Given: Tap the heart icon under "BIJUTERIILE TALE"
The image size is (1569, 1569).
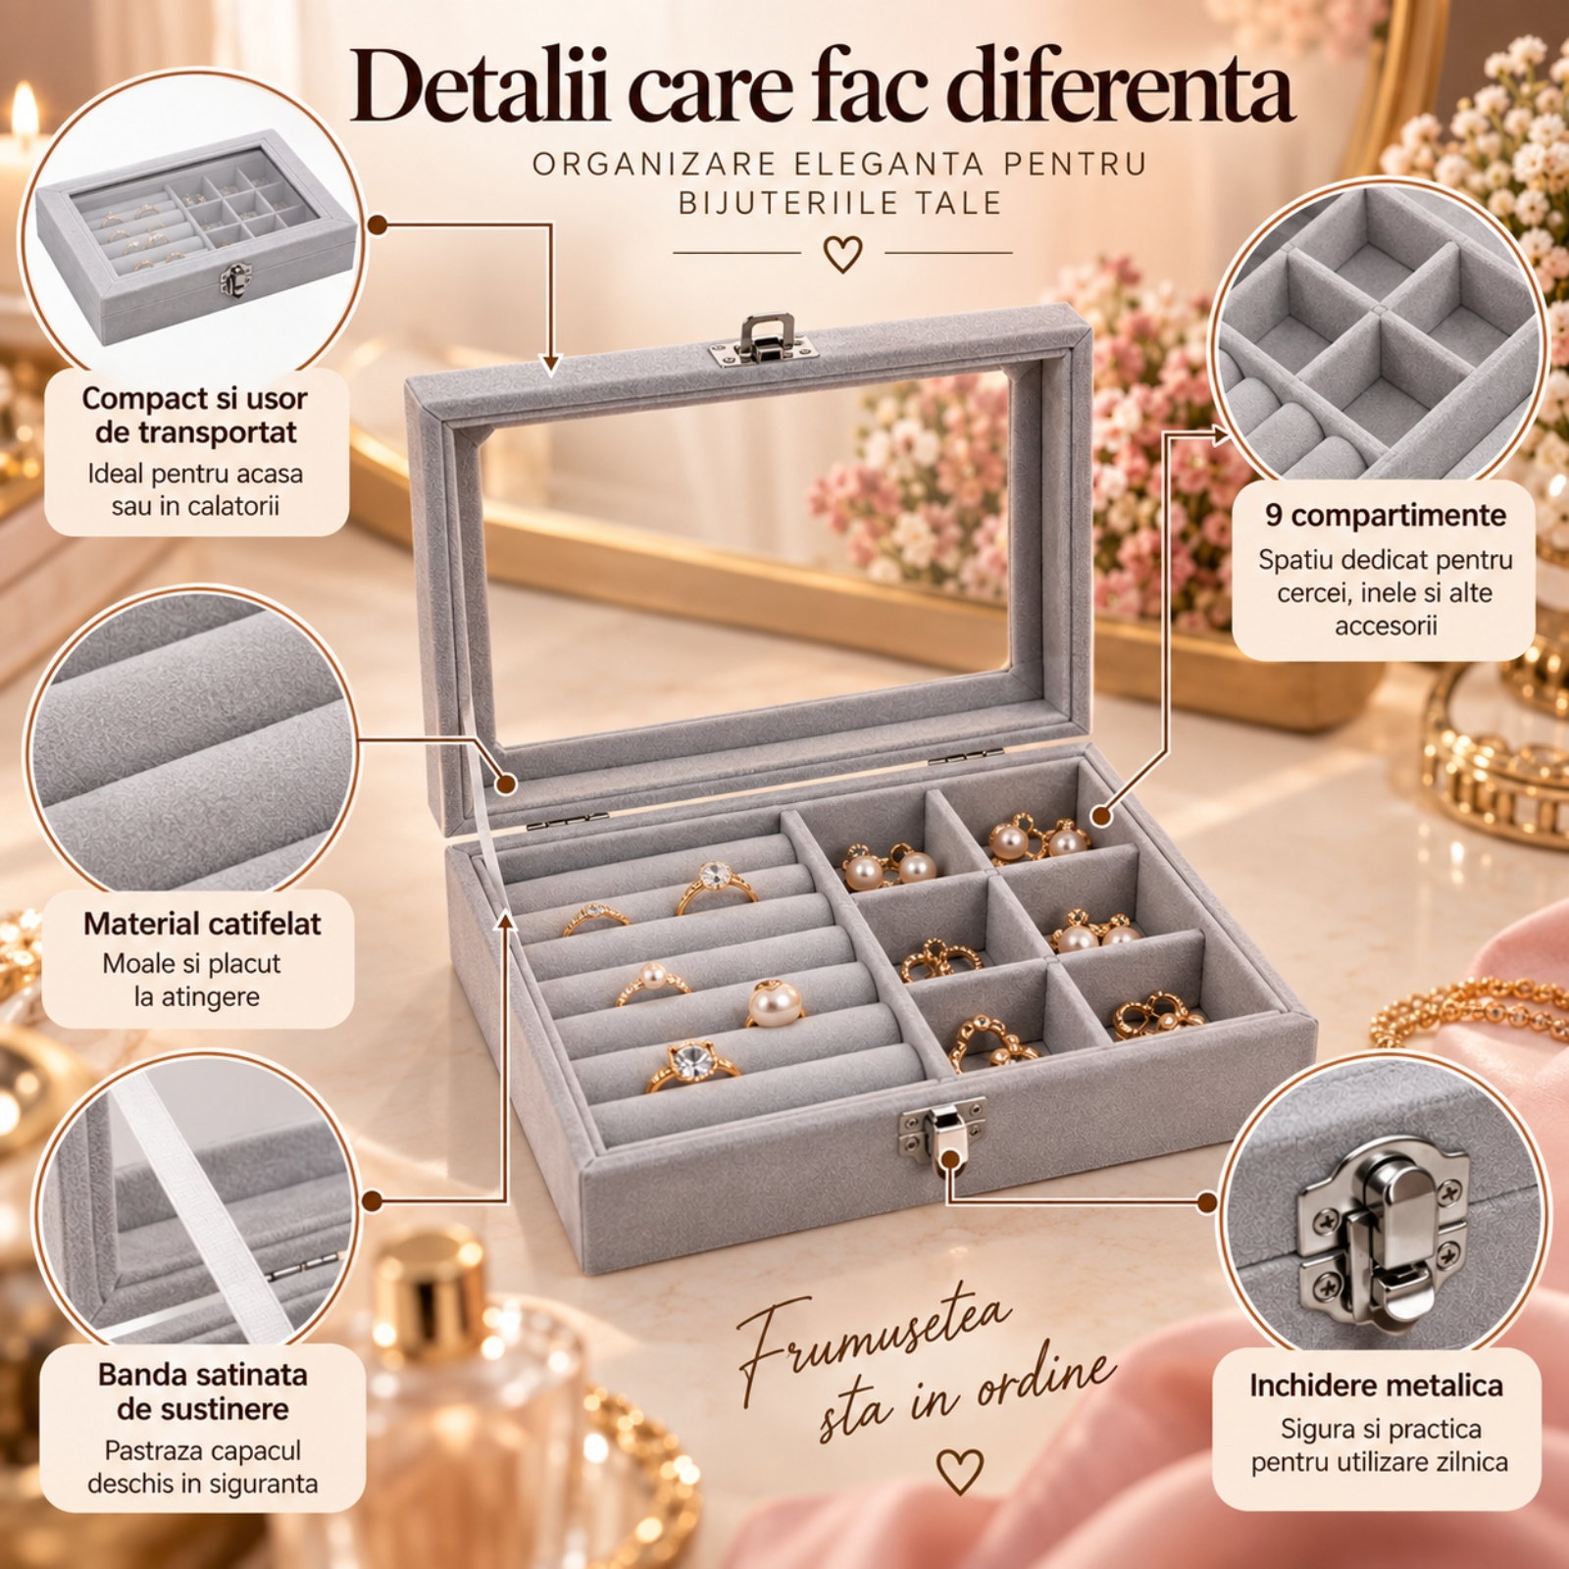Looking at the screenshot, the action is tap(842, 254).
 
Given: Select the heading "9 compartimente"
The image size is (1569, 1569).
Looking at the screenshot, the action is tap(1385, 515).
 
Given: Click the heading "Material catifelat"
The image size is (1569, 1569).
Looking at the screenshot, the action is tap(202, 924).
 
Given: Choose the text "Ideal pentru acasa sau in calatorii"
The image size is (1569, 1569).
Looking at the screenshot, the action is tap(195, 489).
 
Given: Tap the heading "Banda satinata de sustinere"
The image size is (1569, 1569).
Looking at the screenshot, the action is tap(203, 1392).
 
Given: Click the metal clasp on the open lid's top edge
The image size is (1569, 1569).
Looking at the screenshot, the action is tap(764, 340).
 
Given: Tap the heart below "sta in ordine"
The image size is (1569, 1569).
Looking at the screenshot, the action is tap(959, 1471).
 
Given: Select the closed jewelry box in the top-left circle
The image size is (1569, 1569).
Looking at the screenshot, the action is tap(196, 236).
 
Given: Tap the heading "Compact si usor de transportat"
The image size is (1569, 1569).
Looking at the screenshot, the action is tap(194, 415).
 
